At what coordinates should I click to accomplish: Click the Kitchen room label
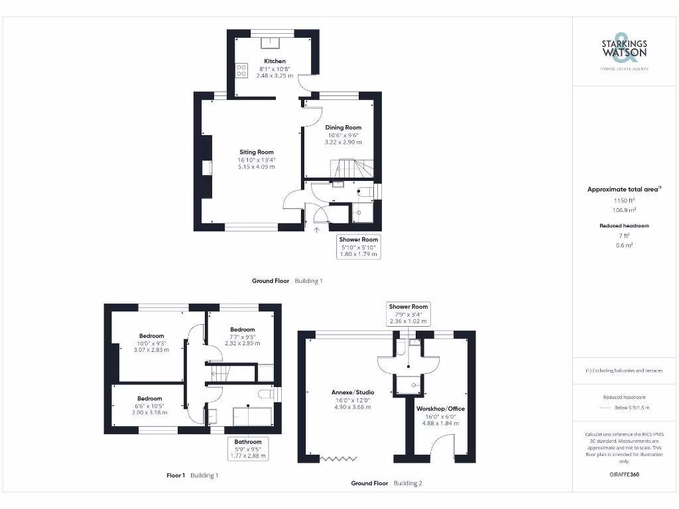[275, 61]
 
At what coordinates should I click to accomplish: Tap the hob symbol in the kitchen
[241, 70]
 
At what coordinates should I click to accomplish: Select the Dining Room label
[343, 127]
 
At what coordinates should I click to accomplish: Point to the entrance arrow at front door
[316, 230]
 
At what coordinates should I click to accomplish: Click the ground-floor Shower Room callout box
[359, 247]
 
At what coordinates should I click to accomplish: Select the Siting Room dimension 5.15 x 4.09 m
[256, 166]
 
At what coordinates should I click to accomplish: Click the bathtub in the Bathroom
[252, 417]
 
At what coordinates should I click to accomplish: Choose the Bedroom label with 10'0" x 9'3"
[151, 336]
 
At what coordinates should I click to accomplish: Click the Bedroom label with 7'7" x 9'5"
[242, 329]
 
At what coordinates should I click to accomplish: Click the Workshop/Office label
[436, 408]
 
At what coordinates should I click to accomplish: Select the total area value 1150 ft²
[623, 200]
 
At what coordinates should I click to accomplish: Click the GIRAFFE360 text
[623, 475]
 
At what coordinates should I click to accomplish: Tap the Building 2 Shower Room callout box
[408, 313]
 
